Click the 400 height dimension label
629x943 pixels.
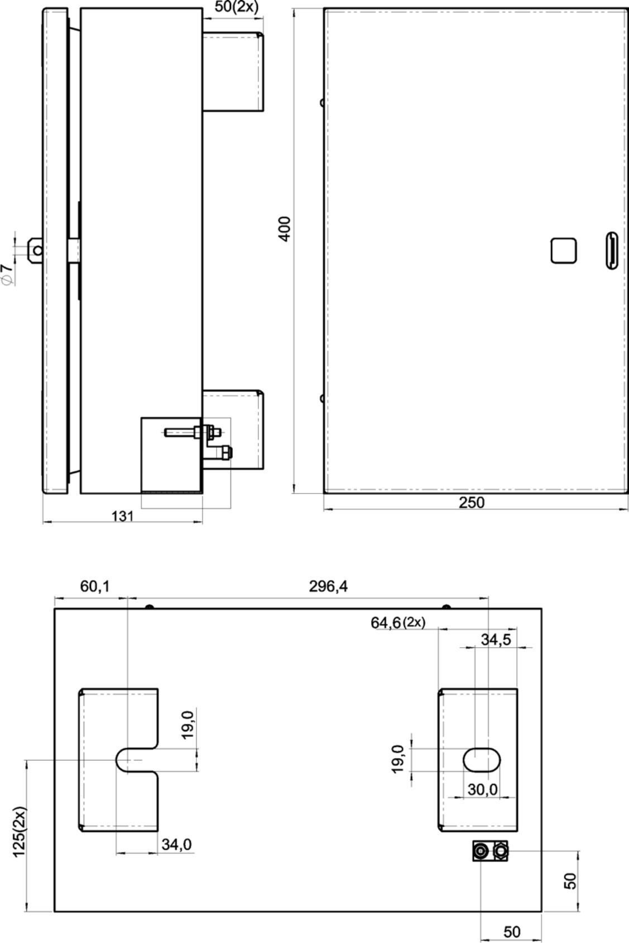point(285,228)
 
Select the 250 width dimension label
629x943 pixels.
point(472,502)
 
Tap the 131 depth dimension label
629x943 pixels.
point(122,516)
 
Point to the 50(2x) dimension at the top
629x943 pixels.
point(237,7)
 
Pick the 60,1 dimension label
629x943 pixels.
point(95,586)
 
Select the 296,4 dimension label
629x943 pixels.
point(328,586)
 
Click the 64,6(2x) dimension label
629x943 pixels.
point(398,623)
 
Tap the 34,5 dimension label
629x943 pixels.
point(496,640)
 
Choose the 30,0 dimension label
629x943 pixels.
point(483,790)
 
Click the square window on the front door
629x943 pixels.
point(563,251)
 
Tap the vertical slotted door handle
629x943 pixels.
point(612,250)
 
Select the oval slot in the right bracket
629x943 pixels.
point(482,760)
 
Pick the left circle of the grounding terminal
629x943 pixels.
point(480,851)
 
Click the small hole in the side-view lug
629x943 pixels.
point(38,251)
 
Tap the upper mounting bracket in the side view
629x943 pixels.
point(233,71)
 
